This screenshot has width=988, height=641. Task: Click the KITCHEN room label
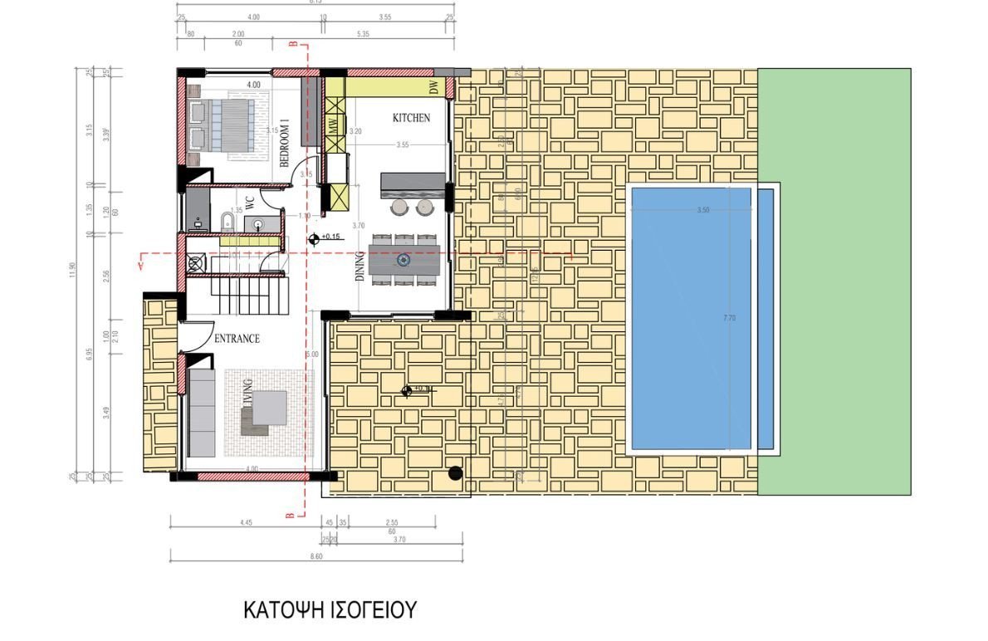coord(411,118)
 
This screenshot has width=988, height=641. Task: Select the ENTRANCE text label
coord(237,339)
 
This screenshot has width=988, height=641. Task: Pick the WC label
coord(249,203)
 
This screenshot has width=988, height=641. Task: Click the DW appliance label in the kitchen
coord(433,87)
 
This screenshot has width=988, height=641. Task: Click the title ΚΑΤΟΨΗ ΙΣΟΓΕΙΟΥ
coord(329,610)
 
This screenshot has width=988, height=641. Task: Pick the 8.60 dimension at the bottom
coord(315,556)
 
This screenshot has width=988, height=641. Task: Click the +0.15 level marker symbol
coord(314,239)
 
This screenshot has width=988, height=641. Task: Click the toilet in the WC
coord(227,221)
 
